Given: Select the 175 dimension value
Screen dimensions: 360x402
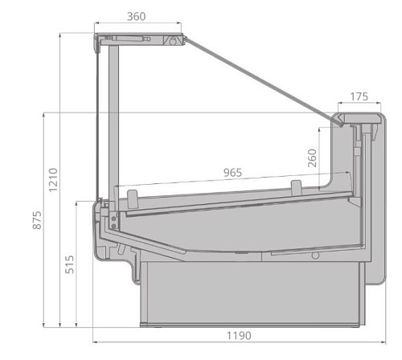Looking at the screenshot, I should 359,96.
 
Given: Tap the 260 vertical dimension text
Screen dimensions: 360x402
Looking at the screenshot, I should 311,158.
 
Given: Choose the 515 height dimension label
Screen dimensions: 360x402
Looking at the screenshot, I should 69,264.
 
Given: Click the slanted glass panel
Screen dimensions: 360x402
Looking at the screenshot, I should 257,77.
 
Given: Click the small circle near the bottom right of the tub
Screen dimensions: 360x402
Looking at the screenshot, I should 316,256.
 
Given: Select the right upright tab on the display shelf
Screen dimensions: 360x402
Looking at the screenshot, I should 295,186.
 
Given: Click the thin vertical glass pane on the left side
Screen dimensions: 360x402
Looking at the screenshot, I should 100,121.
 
